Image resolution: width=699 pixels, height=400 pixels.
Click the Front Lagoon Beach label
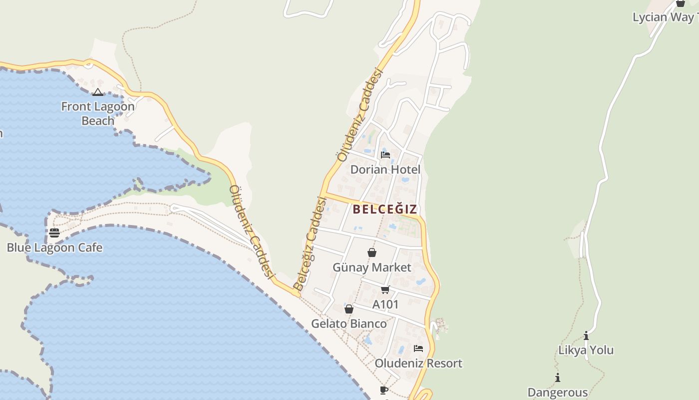(98, 113)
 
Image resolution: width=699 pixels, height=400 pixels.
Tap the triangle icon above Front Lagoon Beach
(97, 92)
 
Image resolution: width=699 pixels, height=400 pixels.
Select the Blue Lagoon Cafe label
(54, 247)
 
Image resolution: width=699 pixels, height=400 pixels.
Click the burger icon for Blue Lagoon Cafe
(54, 233)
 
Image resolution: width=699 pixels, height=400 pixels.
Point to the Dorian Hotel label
(385, 169)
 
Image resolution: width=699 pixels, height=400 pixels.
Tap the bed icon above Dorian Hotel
(385, 154)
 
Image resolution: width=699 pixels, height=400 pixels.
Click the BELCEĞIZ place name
(385, 209)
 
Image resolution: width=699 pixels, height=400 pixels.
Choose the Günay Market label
(372, 267)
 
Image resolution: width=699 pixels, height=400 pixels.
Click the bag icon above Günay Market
(372, 252)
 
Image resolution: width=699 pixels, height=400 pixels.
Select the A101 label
(385, 304)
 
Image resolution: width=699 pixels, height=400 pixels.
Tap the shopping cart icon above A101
(385, 289)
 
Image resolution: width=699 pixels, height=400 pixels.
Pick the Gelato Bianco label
(349, 323)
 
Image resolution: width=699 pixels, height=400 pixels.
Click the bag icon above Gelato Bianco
(349, 309)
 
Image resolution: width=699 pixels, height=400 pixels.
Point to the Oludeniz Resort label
(418, 363)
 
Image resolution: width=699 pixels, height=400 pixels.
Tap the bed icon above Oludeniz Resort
(418, 348)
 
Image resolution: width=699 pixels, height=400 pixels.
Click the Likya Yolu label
(586, 350)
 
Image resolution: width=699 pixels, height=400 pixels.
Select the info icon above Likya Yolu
(586, 335)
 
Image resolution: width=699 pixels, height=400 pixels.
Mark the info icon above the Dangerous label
(558, 377)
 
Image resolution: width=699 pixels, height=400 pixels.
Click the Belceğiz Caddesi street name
(310, 244)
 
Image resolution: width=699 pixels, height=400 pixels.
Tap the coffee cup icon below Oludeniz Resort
(383, 389)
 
